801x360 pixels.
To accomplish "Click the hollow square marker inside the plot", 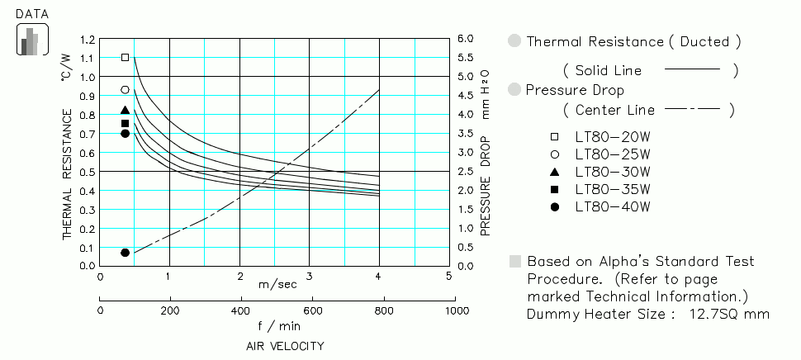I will point(126,58).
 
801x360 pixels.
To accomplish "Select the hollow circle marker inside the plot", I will point(126,90).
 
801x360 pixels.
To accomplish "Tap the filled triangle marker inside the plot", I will point(126,110).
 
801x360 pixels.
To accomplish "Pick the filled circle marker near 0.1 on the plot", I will point(126,253).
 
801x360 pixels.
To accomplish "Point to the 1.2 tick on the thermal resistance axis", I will point(87,39).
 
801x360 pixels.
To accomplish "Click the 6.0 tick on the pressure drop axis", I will point(465,39).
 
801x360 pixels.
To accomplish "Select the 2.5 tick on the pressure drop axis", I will point(465,172).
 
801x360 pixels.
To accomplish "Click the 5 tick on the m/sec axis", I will point(448,277).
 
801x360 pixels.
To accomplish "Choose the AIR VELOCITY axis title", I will point(285,346).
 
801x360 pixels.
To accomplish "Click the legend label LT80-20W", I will point(613,136).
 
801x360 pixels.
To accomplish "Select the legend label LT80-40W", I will point(613,206).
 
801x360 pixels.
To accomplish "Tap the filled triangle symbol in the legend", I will point(555,172).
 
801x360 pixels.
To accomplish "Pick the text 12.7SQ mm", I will point(729,314).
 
